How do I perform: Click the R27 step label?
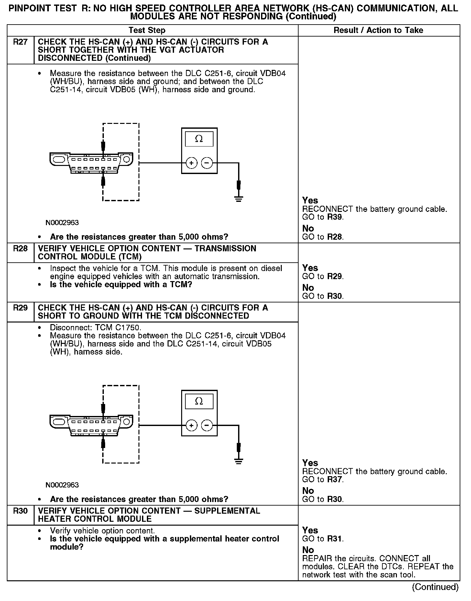click(x=20, y=42)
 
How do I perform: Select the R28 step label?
click(x=20, y=249)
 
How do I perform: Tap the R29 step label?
click(x=20, y=308)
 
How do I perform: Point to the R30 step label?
click(x=20, y=511)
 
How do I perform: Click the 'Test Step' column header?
click(x=147, y=30)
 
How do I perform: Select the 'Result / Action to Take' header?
click(x=378, y=30)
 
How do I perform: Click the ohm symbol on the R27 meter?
click(x=199, y=139)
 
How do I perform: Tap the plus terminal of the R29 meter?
click(x=192, y=425)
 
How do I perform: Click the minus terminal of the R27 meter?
click(x=207, y=163)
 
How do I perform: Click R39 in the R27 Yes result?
click(x=334, y=217)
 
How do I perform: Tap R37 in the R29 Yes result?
click(x=334, y=479)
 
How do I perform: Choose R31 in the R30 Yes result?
click(x=334, y=539)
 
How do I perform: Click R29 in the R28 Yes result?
click(x=334, y=276)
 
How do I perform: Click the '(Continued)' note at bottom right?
click(x=435, y=587)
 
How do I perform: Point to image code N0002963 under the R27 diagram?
click(x=62, y=223)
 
